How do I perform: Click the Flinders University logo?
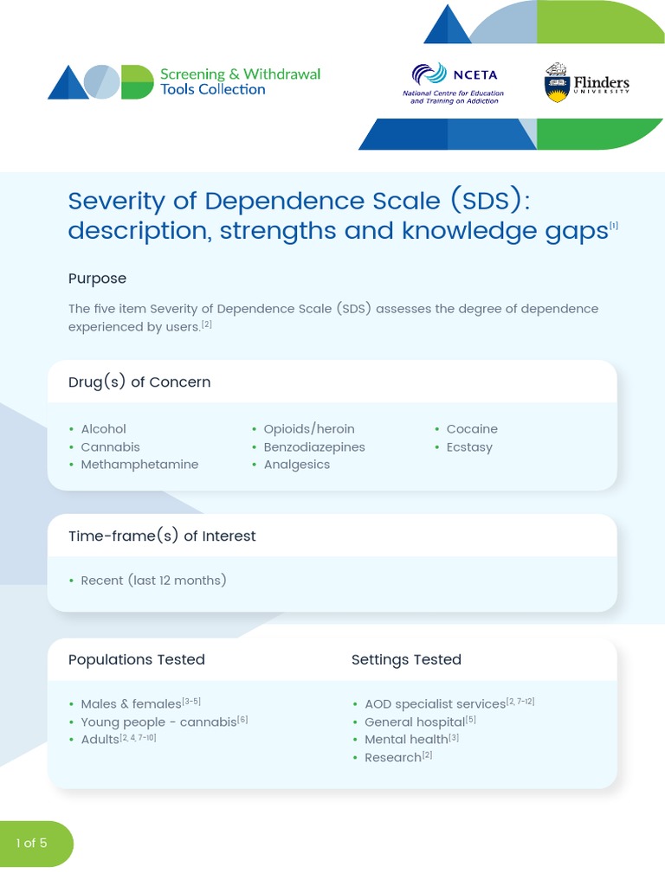585,83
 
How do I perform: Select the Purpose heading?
97,279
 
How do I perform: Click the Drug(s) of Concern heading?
139,382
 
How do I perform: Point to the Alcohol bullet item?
103,429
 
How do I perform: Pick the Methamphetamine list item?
139,465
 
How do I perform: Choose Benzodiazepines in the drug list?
313,447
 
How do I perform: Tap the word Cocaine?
472,429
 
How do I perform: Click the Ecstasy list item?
469,447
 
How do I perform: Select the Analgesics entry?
296,465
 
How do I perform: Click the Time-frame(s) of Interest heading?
162,536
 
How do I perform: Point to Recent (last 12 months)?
153,581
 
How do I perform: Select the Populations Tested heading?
137,659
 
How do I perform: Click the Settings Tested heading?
406,659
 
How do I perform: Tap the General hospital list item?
415,722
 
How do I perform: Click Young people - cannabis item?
158,722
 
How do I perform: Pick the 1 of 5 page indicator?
32,843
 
